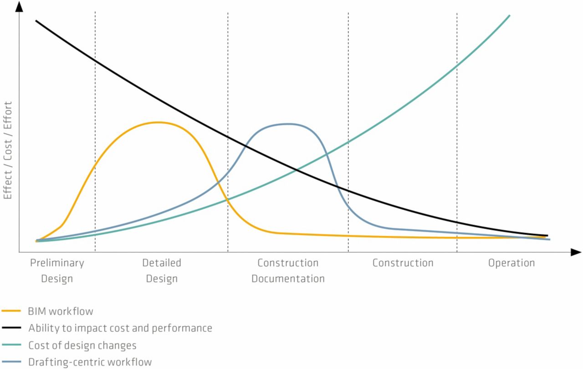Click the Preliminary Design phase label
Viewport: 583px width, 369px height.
click(57, 271)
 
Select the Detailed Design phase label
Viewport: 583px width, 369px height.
click(162, 271)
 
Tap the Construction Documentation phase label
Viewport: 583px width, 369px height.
click(288, 271)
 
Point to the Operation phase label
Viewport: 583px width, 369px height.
click(511, 263)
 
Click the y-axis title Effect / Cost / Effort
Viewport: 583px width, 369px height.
click(8, 151)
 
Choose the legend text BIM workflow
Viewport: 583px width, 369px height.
click(61, 311)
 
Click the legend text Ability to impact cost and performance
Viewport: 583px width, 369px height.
click(120, 328)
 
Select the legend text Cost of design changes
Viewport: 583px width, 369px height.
click(82, 345)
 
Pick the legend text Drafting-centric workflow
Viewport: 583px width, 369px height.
click(90, 362)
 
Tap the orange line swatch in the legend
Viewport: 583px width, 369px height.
click(11, 311)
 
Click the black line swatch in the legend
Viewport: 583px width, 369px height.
click(11, 328)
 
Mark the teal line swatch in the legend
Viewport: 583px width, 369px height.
click(11, 345)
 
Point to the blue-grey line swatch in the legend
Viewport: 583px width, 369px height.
click(11, 362)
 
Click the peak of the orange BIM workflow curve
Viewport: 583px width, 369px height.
click(158, 122)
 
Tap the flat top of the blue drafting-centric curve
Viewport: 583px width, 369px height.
click(287, 124)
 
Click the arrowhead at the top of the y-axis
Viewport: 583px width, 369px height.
click(19, 7)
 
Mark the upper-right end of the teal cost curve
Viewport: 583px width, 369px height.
click(509, 15)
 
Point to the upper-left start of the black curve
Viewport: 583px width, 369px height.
click(36, 21)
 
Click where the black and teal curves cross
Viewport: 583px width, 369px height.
click(297, 170)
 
